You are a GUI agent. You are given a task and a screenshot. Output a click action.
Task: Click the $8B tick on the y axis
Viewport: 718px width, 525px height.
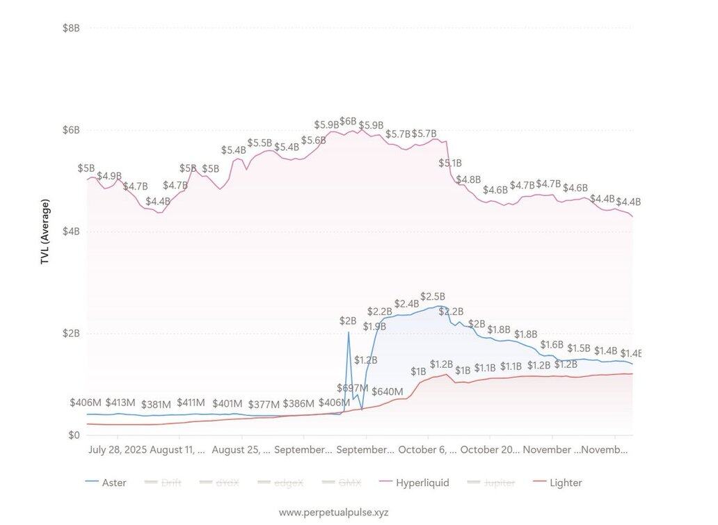pos(71,28)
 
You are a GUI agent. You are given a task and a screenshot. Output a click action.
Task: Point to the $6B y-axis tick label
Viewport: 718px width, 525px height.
pos(71,130)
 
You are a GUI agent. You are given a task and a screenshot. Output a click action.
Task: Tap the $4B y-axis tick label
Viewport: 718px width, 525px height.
pos(71,232)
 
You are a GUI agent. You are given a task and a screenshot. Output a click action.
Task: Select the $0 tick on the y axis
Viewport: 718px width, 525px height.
pos(73,435)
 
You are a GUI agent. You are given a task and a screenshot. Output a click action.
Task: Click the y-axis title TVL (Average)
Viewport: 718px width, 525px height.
pos(45,232)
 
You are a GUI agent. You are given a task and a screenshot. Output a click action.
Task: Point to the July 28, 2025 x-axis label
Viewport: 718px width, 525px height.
pos(118,450)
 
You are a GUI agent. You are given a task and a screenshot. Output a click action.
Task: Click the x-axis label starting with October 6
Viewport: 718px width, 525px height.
pos(426,450)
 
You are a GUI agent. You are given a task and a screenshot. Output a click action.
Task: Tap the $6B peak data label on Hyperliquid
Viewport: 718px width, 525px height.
pos(348,121)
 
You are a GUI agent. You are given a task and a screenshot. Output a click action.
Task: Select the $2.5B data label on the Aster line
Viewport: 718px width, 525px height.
pos(432,296)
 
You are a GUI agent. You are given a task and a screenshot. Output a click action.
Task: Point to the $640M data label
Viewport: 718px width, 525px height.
pos(388,391)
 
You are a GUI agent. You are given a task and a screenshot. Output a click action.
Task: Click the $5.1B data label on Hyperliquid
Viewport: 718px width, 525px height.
pos(449,163)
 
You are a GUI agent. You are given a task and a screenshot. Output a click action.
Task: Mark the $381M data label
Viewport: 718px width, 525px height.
pos(156,404)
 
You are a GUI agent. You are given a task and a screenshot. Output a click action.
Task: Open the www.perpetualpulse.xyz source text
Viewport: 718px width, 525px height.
pos(333,512)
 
